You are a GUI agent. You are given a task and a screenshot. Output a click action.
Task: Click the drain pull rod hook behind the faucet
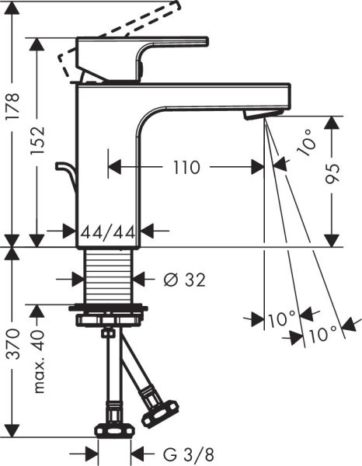[64, 175]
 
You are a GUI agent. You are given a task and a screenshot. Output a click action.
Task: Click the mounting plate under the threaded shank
[110, 317]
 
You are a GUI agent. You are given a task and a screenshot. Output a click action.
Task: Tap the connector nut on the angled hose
[162, 410]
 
